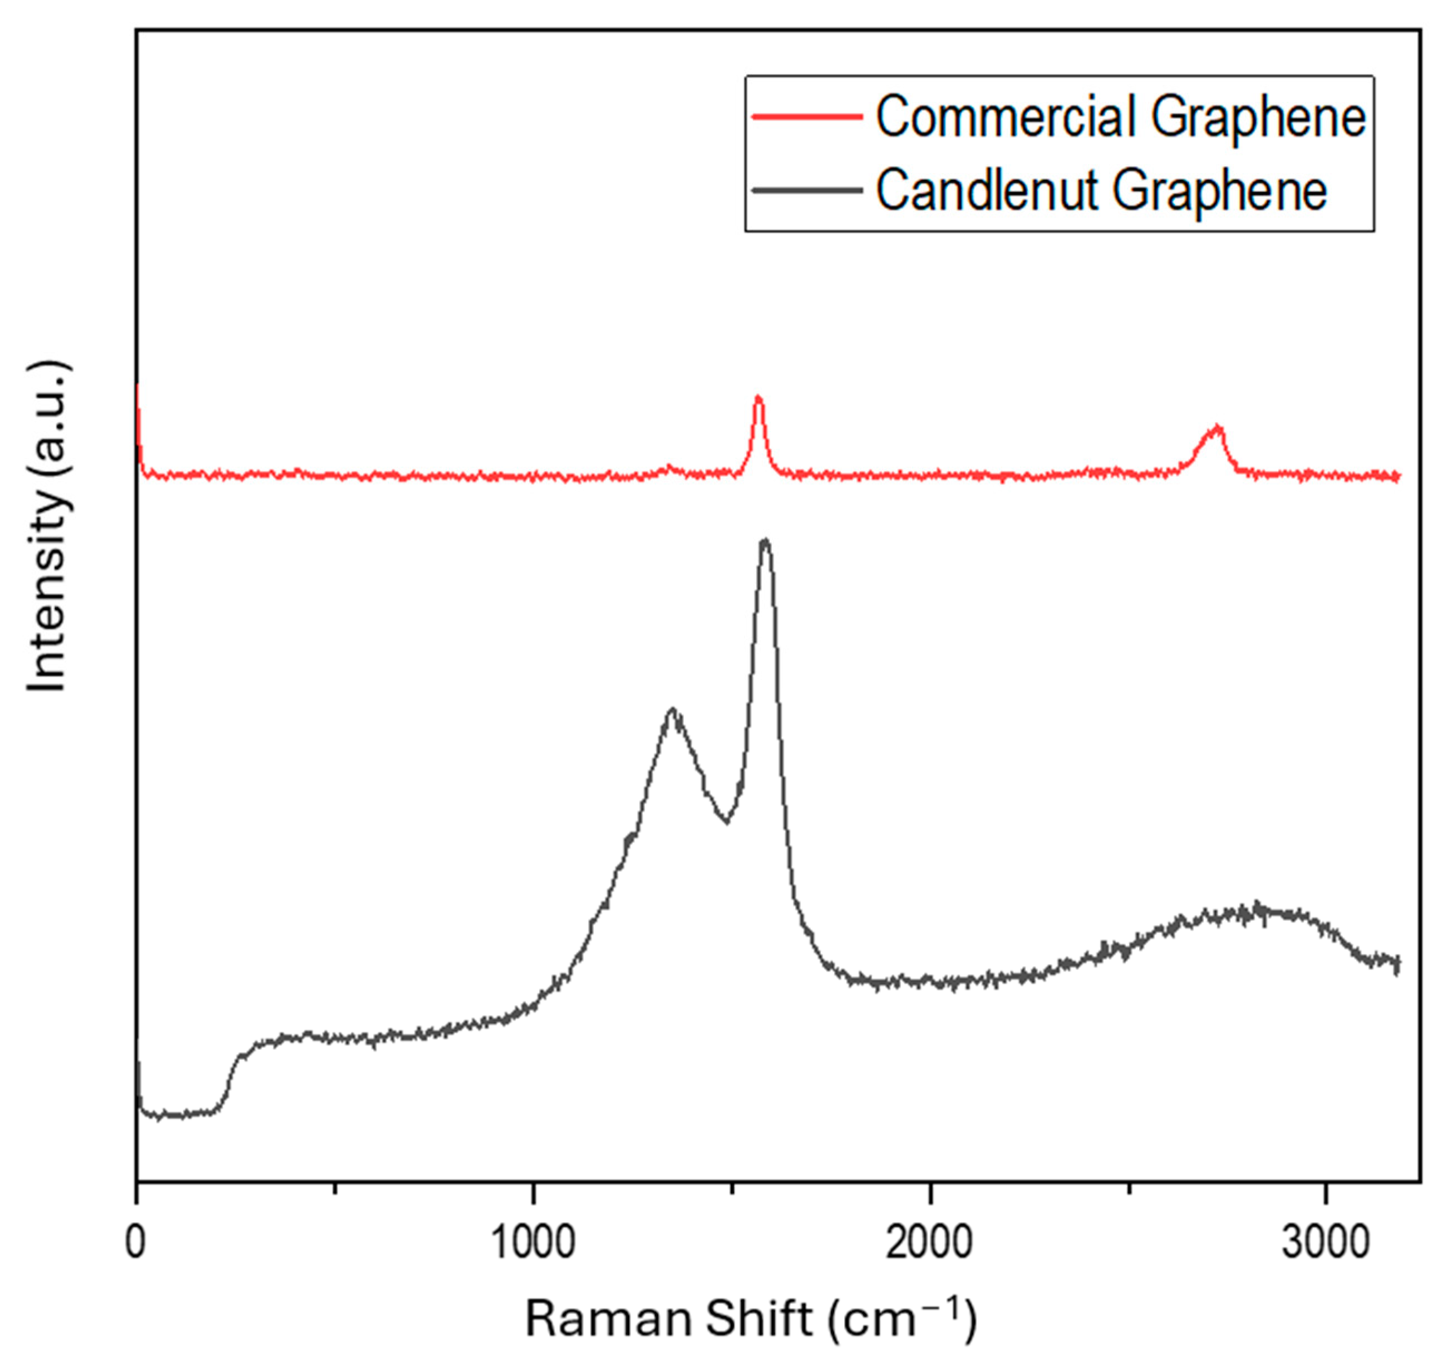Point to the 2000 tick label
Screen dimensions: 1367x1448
tap(930, 1243)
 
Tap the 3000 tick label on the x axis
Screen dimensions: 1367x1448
tap(1326, 1243)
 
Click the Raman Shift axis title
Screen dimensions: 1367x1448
tap(751, 1319)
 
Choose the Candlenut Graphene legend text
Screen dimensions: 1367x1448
tap(1101, 190)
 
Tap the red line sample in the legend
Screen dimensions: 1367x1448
tap(807, 117)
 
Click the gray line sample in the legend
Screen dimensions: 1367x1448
tap(807, 190)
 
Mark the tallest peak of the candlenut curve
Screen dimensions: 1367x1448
tap(765, 541)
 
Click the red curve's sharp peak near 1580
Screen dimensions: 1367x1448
tap(759, 398)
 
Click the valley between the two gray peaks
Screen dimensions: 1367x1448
tap(726, 821)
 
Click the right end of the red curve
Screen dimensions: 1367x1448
tap(1398, 477)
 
